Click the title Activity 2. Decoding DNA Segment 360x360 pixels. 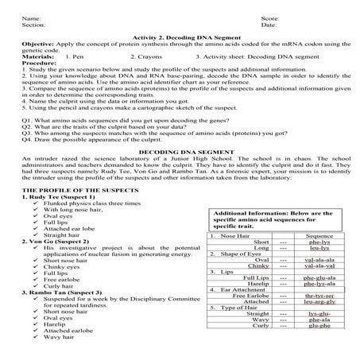pyautogui.click(x=180, y=38)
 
